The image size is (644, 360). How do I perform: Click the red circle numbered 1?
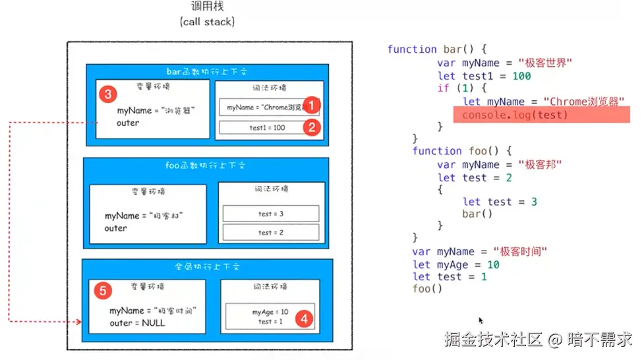click(313, 105)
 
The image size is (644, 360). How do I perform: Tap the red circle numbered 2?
click(313, 127)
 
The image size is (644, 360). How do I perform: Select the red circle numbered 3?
click(109, 94)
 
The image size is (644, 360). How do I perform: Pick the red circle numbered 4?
click(303, 318)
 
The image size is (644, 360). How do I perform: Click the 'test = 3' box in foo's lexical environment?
click(270, 214)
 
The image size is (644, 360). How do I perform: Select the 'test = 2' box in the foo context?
click(270, 232)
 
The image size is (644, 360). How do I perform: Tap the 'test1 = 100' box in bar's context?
click(262, 127)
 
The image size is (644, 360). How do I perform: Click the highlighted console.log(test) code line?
click(514, 115)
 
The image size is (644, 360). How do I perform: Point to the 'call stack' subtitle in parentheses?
click(207, 22)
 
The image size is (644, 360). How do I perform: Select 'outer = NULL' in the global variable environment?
click(137, 323)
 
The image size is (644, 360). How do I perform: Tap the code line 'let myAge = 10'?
click(455, 264)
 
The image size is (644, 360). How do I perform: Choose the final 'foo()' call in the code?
click(427, 289)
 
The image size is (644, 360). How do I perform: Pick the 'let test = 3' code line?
click(500, 202)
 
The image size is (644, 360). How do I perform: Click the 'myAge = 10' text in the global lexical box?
click(270, 312)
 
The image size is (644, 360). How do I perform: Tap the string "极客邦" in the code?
click(539, 165)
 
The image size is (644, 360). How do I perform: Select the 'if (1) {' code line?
click(463, 88)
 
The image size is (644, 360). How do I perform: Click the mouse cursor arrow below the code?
click(481, 320)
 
